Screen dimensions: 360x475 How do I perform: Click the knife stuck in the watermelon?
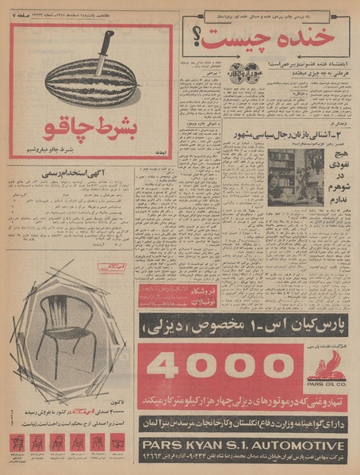(104, 53)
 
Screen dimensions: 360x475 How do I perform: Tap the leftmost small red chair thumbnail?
(17, 443)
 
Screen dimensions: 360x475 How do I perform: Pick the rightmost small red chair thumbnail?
(117, 443)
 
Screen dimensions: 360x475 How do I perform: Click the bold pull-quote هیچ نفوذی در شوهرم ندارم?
(334, 173)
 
